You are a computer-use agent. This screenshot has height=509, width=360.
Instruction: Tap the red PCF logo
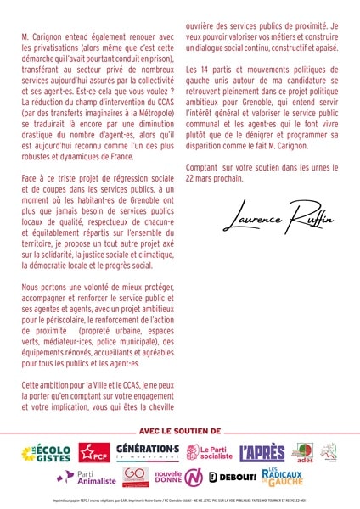pyautogui.click(x=93, y=453)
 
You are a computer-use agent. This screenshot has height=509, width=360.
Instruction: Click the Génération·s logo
pyautogui.click(x=147, y=452)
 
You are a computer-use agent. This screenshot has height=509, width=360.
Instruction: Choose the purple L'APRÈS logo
pyautogui.click(x=262, y=453)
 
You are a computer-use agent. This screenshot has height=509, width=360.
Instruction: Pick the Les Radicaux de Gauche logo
pyautogui.click(x=284, y=477)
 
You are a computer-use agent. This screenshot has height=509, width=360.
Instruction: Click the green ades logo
pyautogui.click(x=303, y=452)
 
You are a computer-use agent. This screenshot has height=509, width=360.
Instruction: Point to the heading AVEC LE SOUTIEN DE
pyautogui.click(x=179, y=432)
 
